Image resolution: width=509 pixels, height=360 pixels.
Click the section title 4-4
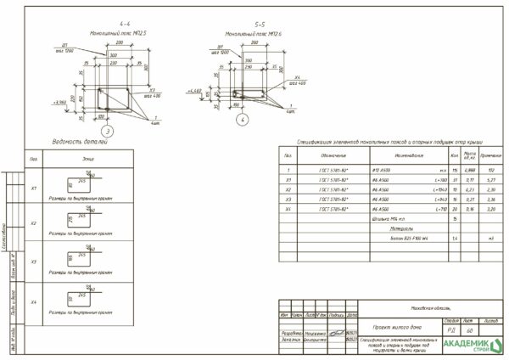click(x=125, y=24)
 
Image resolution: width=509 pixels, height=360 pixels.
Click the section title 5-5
click(x=262, y=26)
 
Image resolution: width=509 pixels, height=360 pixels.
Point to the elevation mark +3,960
click(x=59, y=101)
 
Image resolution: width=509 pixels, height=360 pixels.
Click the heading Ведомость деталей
click(x=80, y=143)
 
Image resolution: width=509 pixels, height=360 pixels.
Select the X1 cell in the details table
click(x=34, y=188)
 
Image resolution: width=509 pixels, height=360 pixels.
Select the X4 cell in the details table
click(x=34, y=302)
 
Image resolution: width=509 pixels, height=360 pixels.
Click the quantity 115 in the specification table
click(x=456, y=171)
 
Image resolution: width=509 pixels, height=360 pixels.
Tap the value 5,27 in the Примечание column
click(x=490, y=180)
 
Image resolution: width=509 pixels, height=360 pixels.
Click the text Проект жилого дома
click(x=395, y=324)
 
